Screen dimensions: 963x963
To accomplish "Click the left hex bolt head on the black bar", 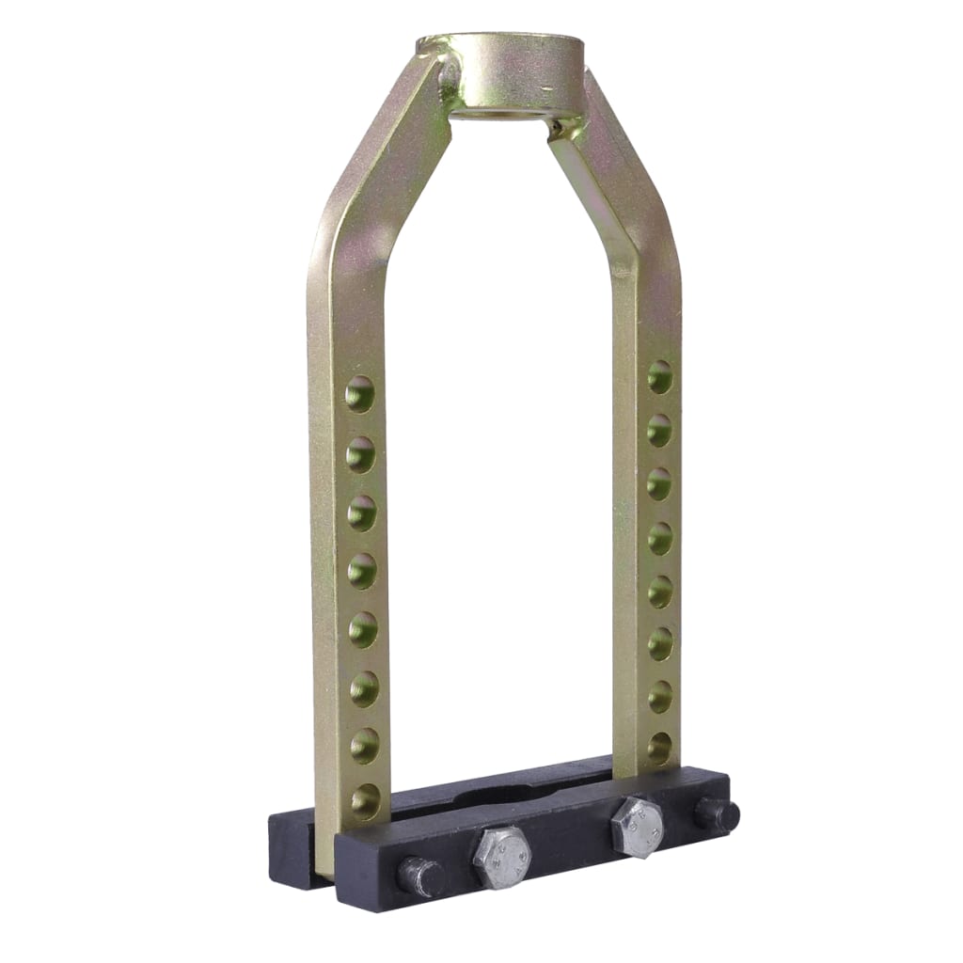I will tap(502, 856).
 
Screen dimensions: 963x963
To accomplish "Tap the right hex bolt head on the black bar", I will tap(637, 827).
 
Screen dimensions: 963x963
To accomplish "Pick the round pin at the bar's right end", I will tap(718, 814).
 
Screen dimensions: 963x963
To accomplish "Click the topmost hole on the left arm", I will tap(359, 394).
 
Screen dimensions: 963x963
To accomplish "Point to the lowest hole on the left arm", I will tap(366, 801).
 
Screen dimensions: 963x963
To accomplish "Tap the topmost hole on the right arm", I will tap(660, 376).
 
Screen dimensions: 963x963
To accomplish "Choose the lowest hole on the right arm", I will tap(660, 748).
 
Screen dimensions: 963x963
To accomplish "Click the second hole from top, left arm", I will tap(360, 454).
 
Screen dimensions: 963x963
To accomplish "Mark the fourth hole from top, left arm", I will tap(362, 571).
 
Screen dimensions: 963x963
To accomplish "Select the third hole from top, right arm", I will tap(660, 483).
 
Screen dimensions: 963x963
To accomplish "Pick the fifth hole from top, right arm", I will tap(660, 591).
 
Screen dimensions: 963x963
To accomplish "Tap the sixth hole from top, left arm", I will tap(364, 688).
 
